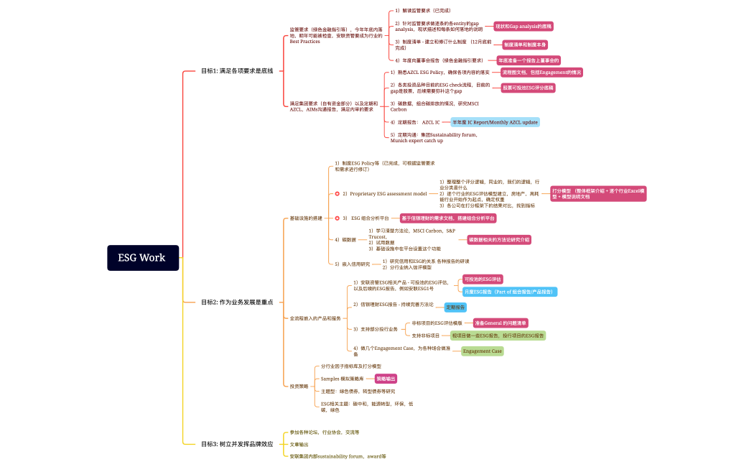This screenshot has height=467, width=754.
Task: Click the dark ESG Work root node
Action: (x=143, y=258)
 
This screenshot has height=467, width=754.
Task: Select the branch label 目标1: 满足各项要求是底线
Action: (x=237, y=71)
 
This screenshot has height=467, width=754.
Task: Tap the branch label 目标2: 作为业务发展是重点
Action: (x=237, y=302)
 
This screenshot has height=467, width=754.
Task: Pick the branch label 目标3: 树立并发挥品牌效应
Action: (x=237, y=444)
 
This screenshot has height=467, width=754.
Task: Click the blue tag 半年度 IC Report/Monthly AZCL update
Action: (x=495, y=122)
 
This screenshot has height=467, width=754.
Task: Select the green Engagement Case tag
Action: (x=482, y=351)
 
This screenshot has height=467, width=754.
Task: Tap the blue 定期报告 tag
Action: (x=455, y=307)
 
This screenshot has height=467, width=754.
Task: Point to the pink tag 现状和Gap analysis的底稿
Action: (x=523, y=26)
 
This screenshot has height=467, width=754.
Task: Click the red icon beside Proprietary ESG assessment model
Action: (x=338, y=194)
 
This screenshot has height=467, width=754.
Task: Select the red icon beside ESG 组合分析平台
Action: (x=338, y=218)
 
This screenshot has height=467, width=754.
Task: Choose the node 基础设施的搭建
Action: (x=305, y=218)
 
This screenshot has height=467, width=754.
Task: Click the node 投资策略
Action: (x=299, y=386)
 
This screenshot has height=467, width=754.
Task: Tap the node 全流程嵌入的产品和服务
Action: (x=315, y=318)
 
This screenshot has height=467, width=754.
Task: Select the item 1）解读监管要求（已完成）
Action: (x=423, y=11)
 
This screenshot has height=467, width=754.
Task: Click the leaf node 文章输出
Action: (x=299, y=445)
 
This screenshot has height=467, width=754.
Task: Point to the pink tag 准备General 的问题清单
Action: (x=501, y=323)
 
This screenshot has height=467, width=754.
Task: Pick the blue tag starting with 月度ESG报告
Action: (x=509, y=292)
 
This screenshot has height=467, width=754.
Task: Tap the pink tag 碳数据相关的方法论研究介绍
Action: (x=499, y=239)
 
